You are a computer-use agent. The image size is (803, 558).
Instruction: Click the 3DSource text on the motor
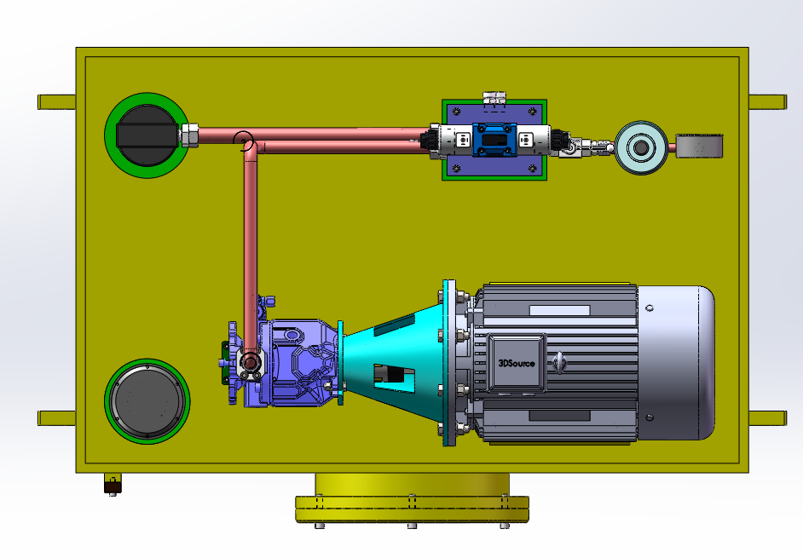pyautogui.click(x=517, y=364)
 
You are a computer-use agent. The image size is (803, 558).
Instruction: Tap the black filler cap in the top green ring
pyautogui.click(x=147, y=135)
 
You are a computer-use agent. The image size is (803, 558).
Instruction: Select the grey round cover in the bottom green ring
pyautogui.click(x=147, y=401)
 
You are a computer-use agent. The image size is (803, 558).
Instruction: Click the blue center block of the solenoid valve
pyautogui.click(x=494, y=139)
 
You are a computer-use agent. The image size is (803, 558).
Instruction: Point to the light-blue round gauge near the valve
pyautogui.click(x=641, y=147)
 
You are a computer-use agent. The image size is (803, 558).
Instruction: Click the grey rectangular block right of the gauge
pyautogui.click(x=699, y=146)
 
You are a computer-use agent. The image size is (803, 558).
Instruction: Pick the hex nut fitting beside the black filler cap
pyautogui.click(x=189, y=135)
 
